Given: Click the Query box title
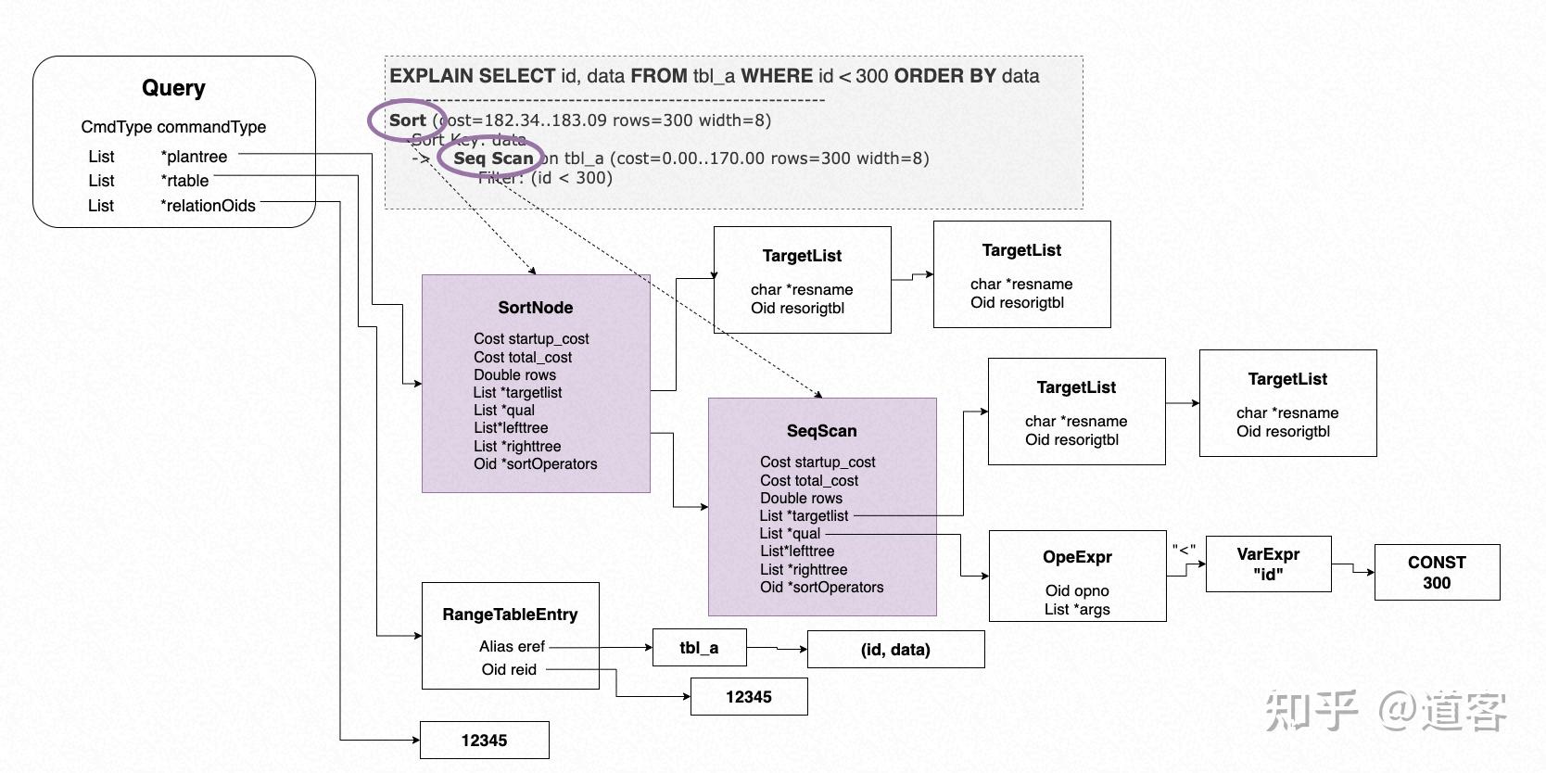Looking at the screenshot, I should (173, 88).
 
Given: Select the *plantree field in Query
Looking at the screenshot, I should (194, 157).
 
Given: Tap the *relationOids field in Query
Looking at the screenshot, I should (208, 206).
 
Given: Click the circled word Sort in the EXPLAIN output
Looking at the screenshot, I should (407, 120).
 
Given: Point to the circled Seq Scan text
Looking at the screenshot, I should (493, 158).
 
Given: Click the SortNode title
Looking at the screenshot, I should (535, 308).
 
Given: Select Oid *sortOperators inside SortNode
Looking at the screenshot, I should (535, 464).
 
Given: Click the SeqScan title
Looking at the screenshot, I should (821, 431).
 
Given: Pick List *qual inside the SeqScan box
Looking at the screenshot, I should (790, 534).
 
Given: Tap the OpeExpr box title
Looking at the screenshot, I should (1076, 557).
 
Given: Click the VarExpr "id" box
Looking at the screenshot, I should (1267, 564).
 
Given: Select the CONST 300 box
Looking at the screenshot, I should (1436, 573).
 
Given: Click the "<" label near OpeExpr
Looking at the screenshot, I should (1184, 551).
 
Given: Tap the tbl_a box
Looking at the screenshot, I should (699, 648).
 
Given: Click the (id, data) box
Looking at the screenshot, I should (894, 650).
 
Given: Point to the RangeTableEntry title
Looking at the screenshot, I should (510, 615).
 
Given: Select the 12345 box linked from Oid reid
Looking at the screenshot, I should (748, 697).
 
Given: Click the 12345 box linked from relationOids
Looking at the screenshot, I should (484, 741).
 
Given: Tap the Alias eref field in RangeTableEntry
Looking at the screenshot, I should (512, 647).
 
